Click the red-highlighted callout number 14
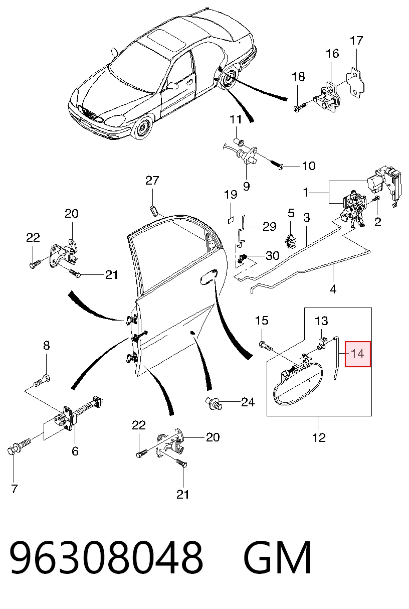click(x=357, y=354)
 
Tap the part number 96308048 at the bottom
click(x=106, y=558)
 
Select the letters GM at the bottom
click(x=278, y=558)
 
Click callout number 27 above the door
click(x=152, y=180)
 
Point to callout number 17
click(x=356, y=41)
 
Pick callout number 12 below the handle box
click(x=319, y=438)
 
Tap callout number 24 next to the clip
click(x=248, y=402)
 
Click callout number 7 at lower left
click(x=15, y=489)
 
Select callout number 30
click(x=272, y=255)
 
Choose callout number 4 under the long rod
click(x=333, y=289)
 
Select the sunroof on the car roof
click(x=166, y=40)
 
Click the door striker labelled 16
click(x=327, y=96)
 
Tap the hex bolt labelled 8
click(x=42, y=380)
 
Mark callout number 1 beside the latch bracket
click(x=306, y=193)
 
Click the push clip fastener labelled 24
click(x=214, y=403)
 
